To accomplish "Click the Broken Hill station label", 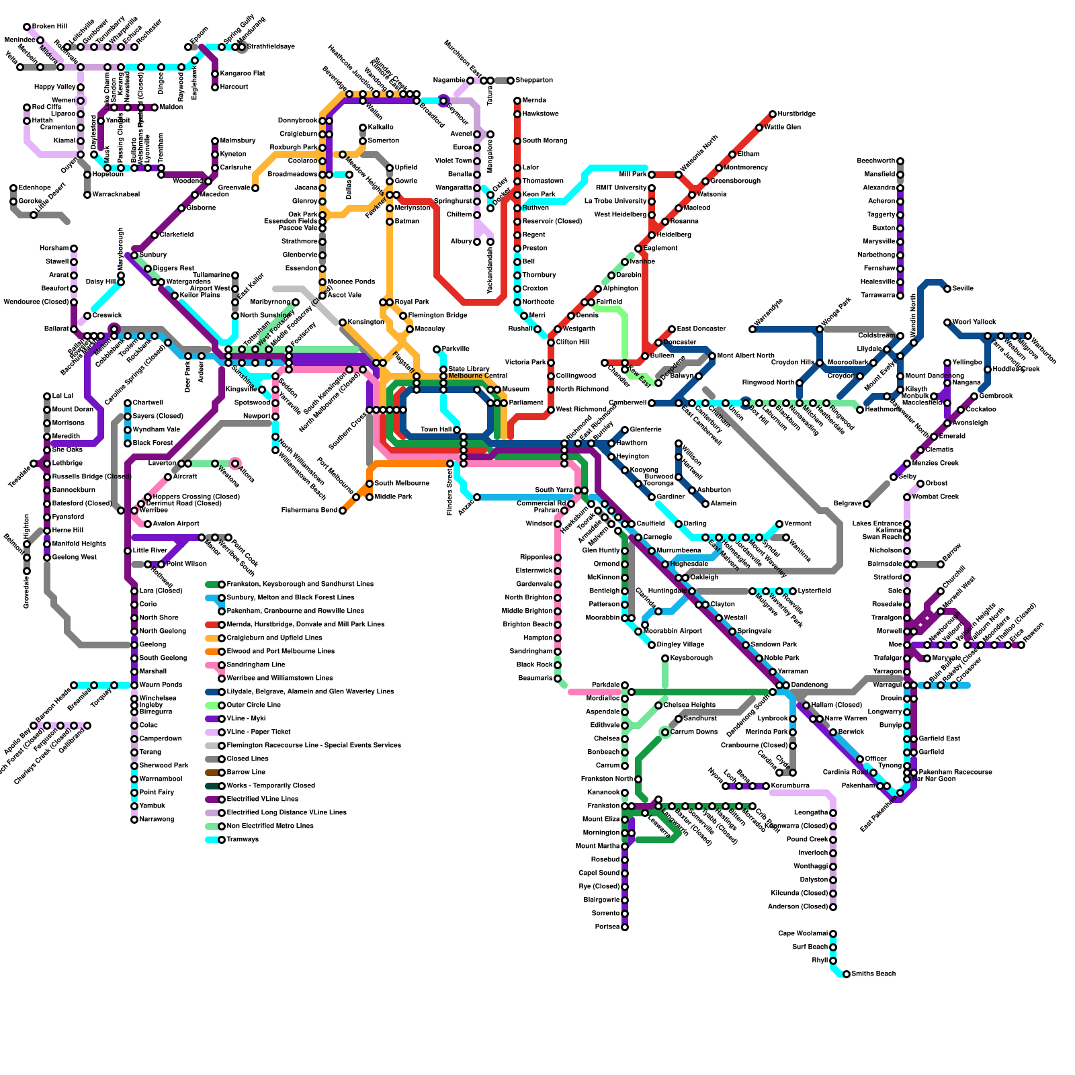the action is click(x=49, y=27).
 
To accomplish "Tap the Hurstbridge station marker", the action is click(x=773, y=114).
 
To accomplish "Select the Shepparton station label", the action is click(x=534, y=81).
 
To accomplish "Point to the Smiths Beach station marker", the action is click(x=847, y=974).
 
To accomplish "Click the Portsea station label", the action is click(x=607, y=927).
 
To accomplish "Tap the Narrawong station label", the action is click(x=157, y=820).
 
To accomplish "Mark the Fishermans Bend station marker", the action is click(x=343, y=511).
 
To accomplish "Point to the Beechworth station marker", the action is click(x=900, y=161).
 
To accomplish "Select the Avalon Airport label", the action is click(x=176, y=524).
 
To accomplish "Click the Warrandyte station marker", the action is click(x=752, y=329).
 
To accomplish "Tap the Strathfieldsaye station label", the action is click(x=271, y=47).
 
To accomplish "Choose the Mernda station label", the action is click(x=534, y=101).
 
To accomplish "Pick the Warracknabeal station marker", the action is click(x=87, y=195).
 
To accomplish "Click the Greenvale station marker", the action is click(x=255, y=188).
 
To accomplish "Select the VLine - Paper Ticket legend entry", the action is click(x=259, y=732).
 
